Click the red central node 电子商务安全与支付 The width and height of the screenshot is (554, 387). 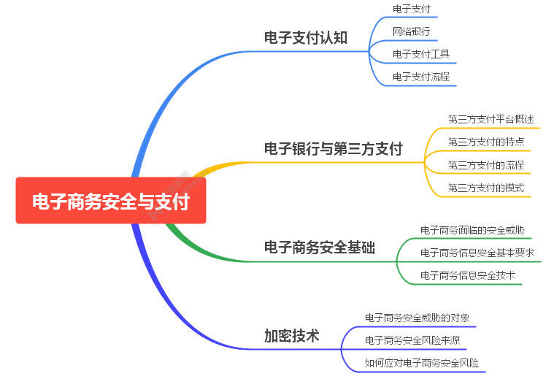tap(111, 201)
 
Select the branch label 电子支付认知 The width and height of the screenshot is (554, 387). tap(305, 37)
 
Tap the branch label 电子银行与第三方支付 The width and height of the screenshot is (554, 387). tap(333, 148)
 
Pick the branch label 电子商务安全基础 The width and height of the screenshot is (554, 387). tap(319, 248)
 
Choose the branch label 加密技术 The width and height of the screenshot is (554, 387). tap(291, 336)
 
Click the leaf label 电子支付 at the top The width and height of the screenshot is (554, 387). tap(412, 9)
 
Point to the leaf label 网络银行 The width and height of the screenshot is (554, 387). tap(412, 31)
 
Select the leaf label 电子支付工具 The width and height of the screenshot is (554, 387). tap(421, 53)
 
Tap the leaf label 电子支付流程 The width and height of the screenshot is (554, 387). tap(421, 76)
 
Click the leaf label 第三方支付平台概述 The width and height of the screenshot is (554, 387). tap(490, 118)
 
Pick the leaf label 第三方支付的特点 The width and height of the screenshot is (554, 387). tap(485, 141)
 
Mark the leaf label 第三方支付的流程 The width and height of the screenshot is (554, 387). tap(485, 164)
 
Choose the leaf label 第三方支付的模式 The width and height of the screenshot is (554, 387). tap(485, 188)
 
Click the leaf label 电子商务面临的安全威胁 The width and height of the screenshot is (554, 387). tap(472, 229)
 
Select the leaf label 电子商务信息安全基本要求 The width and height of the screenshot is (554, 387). tap(477, 253)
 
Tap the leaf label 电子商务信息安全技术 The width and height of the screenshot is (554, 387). tap(468, 275)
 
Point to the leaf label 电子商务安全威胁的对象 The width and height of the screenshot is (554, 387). tap(417, 318)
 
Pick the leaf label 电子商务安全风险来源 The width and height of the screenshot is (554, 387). tap(412, 340)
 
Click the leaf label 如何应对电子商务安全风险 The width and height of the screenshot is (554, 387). tap(422, 363)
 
